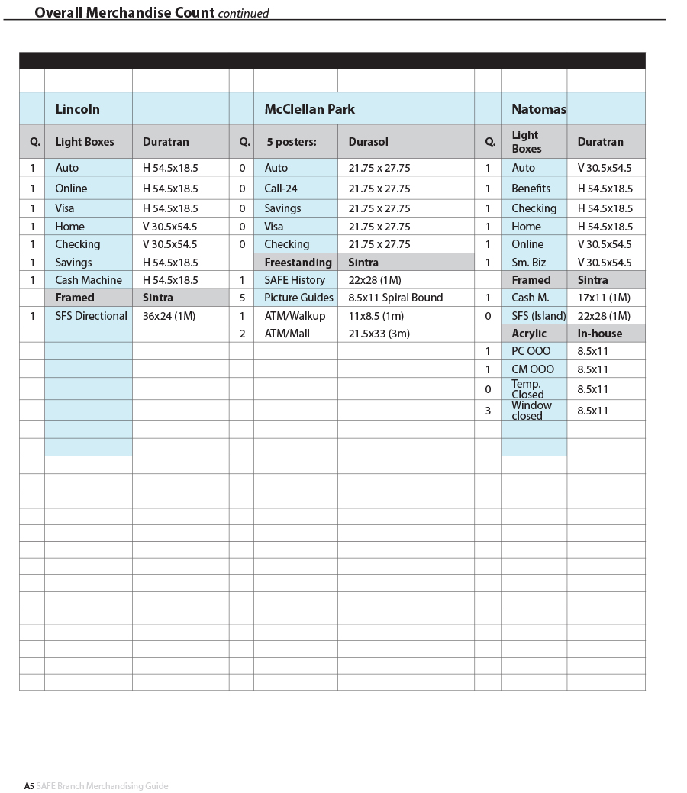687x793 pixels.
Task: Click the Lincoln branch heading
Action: pos(77,109)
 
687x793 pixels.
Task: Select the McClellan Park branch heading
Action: pos(309,109)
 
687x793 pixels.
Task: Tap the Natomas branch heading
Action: pos(538,109)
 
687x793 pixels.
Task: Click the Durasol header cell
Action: pos(368,142)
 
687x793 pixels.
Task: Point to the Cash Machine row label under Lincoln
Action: pos(88,280)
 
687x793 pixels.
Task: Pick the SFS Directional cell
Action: pos(91,316)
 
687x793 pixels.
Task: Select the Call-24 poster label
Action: pos(280,189)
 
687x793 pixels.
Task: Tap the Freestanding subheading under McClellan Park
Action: pos(298,263)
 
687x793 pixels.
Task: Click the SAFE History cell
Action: pos(295,280)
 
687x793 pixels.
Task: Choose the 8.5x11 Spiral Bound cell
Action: pos(395,298)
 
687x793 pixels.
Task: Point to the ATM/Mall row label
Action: pos(287,334)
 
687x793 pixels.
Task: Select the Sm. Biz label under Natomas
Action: pos(528,263)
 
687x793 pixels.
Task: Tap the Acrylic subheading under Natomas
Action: pos(528,334)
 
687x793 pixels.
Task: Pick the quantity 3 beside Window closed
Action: pos(488,411)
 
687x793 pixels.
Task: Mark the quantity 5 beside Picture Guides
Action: pos(242,298)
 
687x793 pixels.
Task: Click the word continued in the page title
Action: pos(244,13)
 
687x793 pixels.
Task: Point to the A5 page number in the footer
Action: pos(29,786)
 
